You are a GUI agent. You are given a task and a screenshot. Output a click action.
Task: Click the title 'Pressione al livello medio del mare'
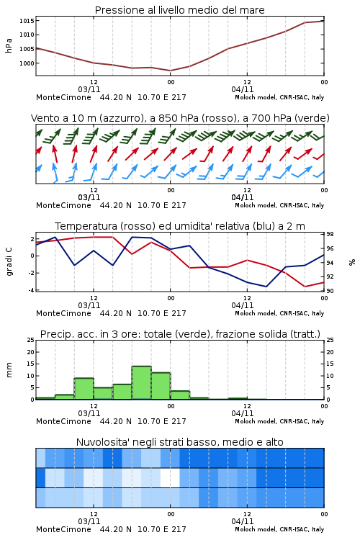(x=179, y=10)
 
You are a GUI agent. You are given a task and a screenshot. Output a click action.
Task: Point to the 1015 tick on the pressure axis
(x=27, y=21)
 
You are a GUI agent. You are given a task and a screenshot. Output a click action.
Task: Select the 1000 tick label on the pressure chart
(x=27, y=63)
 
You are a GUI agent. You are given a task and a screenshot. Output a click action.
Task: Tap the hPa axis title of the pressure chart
(x=9, y=45)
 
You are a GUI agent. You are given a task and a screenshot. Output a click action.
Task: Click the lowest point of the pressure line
(x=170, y=71)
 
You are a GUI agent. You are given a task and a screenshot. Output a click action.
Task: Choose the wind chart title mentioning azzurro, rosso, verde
(x=180, y=118)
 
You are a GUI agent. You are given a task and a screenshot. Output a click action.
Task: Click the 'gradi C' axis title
(x=9, y=261)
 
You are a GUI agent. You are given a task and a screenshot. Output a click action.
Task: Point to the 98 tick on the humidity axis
(x=330, y=235)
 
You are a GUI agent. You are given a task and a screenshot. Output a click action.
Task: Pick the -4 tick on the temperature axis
(x=32, y=290)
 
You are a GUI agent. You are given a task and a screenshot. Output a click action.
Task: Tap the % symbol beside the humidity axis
(x=352, y=262)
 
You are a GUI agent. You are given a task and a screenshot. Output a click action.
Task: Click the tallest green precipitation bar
(x=142, y=382)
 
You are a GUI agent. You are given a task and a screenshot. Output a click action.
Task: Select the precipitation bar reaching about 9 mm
(x=84, y=389)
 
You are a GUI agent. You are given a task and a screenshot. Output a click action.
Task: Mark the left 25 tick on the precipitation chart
(x=31, y=340)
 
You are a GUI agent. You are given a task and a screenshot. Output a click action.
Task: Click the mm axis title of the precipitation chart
(x=9, y=370)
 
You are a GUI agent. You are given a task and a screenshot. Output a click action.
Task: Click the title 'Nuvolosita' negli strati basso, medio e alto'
(x=179, y=442)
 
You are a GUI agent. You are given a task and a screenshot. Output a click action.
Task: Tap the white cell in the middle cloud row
(x=170, y=477)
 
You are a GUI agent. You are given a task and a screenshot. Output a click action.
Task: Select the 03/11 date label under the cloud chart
(x=89, y=521)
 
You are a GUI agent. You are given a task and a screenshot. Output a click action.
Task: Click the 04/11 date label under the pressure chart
(x=243, y=89)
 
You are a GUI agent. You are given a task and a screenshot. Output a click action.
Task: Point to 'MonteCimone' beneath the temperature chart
(x=64, y=313)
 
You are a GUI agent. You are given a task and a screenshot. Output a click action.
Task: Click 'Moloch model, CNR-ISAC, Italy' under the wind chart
(x=279, y=205)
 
